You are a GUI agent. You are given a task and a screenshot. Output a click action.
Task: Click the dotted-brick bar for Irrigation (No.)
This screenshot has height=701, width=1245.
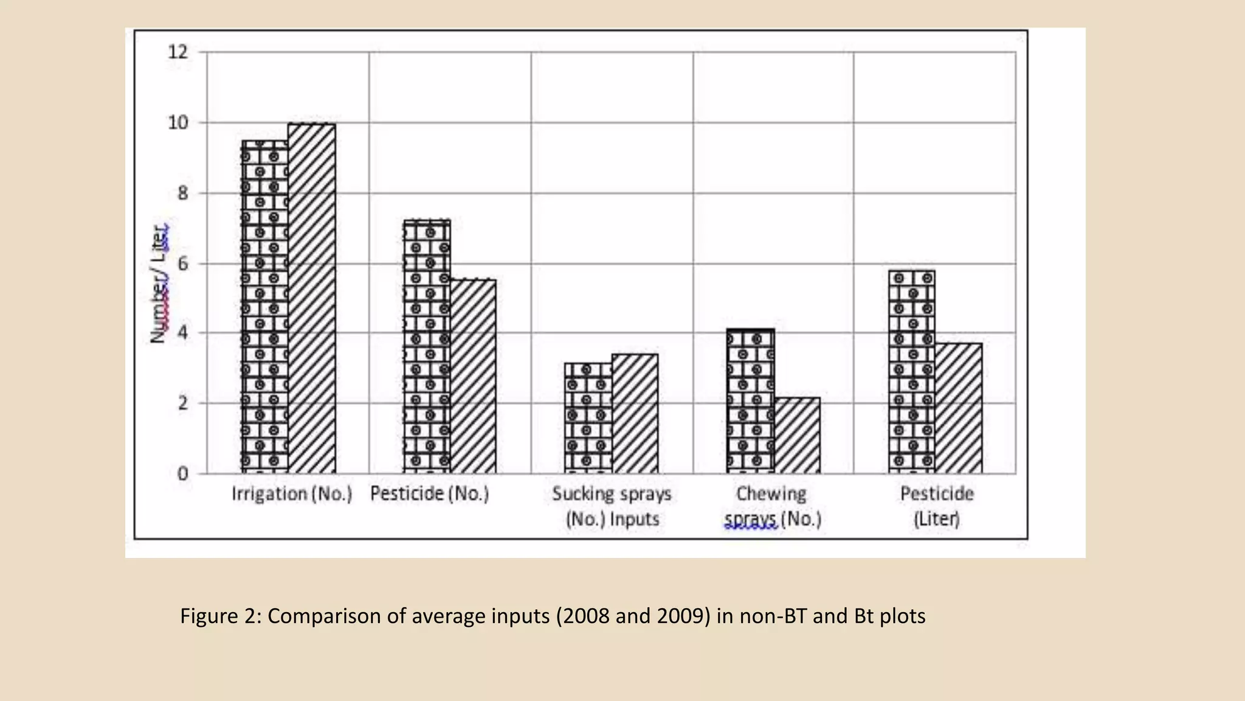264,307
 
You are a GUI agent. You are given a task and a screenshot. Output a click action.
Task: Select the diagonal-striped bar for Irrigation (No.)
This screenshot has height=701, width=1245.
312,298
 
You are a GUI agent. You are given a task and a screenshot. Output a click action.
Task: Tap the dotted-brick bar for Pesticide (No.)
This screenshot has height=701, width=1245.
427,346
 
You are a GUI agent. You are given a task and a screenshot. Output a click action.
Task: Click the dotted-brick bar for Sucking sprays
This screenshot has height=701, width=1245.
588,418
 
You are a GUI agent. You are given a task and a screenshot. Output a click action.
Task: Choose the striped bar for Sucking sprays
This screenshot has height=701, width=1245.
635,414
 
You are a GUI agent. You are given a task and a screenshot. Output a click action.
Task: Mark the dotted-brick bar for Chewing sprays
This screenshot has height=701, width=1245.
750,401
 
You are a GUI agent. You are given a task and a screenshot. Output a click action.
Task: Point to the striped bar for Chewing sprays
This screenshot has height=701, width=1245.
797,436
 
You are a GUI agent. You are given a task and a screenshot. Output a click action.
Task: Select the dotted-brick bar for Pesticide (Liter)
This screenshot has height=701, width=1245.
912,372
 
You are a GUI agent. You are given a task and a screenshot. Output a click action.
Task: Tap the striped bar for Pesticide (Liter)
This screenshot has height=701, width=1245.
959,408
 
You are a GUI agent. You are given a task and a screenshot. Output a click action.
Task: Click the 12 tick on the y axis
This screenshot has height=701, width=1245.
178,52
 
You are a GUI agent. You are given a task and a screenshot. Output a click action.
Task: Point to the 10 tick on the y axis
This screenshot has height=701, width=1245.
178,123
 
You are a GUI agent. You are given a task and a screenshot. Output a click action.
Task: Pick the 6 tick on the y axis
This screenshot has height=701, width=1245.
182,263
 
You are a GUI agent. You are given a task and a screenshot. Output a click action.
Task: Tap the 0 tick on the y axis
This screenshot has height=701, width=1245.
182,473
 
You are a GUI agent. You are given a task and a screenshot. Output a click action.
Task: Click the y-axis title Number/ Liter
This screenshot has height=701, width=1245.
159,284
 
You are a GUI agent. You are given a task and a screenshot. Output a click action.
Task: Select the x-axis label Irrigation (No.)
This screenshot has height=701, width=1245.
292,493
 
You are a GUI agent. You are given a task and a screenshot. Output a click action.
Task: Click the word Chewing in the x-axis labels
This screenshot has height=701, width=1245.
771,493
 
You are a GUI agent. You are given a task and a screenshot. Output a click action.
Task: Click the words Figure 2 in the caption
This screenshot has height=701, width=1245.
218,616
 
